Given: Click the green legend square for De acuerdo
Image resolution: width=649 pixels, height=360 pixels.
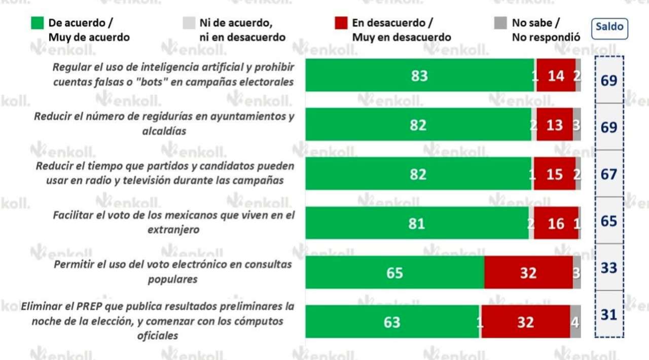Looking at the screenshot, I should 37,23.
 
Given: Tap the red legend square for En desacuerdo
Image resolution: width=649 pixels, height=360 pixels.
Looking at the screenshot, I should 341,23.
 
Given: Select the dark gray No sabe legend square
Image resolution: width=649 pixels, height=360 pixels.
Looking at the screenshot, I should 500,23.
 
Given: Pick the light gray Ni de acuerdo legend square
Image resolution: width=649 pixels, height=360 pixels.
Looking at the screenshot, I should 188,23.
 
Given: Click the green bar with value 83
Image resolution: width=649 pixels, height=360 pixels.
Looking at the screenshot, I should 419,76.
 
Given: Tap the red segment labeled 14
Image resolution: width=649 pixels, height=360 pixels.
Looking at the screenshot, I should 556,76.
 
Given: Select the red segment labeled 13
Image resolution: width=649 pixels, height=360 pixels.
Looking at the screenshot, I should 554,124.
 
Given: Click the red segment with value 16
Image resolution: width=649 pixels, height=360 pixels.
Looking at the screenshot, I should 556,223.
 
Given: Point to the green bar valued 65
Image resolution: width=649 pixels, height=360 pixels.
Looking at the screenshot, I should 394,273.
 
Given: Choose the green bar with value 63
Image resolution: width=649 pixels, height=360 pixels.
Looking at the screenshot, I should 392,321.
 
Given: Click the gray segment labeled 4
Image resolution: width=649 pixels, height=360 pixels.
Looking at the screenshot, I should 575,321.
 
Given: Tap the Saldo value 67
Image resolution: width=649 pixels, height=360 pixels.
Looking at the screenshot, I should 608,174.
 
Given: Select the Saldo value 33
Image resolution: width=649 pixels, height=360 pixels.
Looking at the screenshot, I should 608,267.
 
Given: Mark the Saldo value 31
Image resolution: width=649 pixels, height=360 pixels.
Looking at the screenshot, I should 608,315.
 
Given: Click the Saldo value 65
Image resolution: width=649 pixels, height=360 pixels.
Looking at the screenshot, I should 608,221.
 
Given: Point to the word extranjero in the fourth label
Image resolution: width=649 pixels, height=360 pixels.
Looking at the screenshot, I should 173,230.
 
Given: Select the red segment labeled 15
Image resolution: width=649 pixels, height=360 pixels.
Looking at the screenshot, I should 555,174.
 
